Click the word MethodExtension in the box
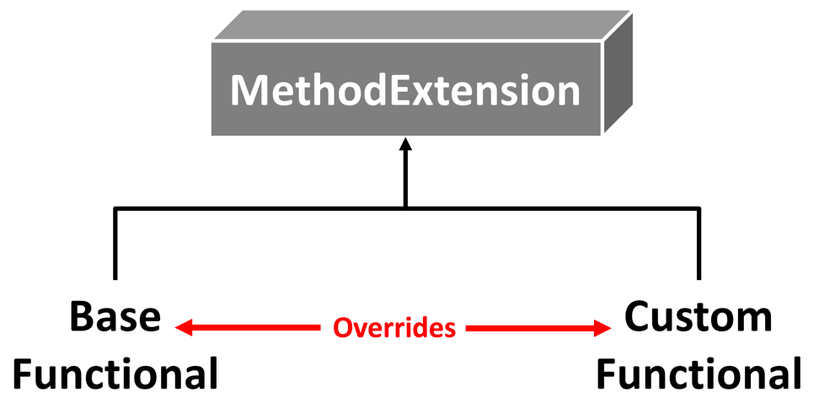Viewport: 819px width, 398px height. click(405, 90)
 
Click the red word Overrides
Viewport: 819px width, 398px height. click(394, 328)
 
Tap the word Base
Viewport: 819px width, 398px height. click(115, 318)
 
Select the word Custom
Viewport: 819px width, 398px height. click(698, 318)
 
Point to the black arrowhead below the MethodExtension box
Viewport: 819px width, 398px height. click(405, 145)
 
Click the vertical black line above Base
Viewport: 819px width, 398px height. click(115, 245)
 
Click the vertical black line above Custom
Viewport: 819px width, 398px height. click(699, 245)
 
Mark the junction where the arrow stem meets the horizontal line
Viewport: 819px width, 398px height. click(405, 207)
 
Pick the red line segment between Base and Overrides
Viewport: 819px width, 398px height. click(253, 328)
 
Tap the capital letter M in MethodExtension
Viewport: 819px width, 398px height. click(249, 90)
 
